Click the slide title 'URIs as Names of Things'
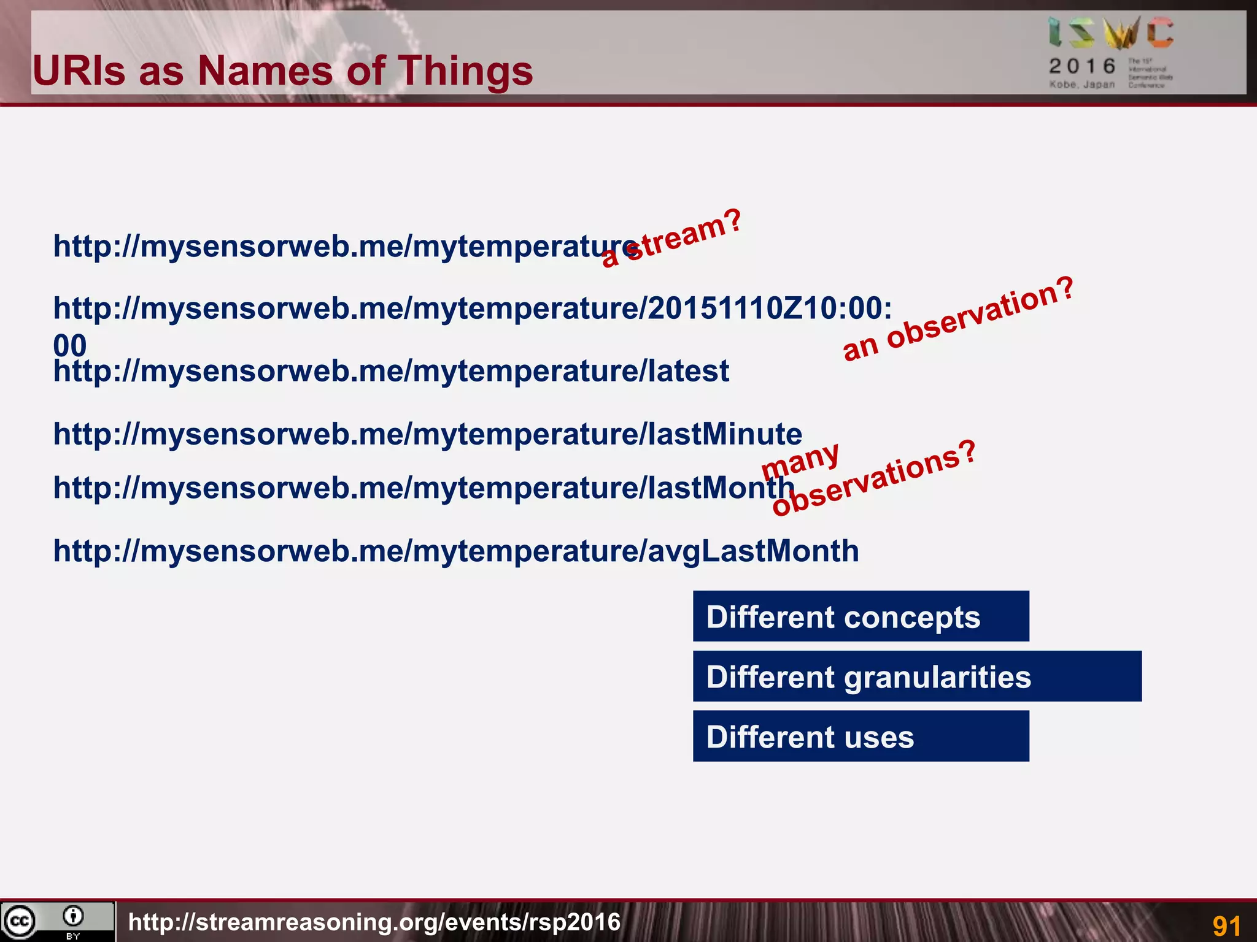point(282,71)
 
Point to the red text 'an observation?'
point(958,318)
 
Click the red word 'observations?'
point(874,478)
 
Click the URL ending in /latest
point(391,371)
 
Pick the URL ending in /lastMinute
point(427,434)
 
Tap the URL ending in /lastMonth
point(424,488)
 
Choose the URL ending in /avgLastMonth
point(455,551)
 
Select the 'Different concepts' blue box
point(861,616)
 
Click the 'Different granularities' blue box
point(917,676)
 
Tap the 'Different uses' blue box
point(861,737)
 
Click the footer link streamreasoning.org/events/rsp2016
point(374,922)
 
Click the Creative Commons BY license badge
point(57,921)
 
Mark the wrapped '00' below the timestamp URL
point(70,345)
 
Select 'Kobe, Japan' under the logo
point(1081,85)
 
